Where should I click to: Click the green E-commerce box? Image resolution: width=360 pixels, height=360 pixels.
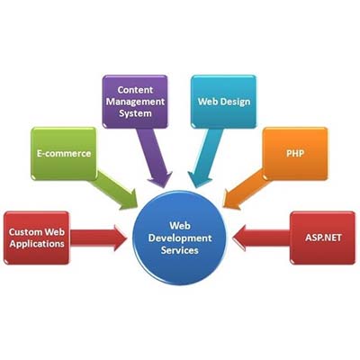pos(64,154)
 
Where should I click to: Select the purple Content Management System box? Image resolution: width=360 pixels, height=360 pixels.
pos(135,102)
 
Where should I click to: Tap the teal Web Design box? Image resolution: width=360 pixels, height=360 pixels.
pos(224,102)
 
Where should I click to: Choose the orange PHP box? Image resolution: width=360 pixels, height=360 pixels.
pos(295,154)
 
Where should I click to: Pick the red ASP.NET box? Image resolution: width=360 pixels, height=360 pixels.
pos(323,238)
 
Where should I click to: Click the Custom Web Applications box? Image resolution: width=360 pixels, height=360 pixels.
pos(37,238)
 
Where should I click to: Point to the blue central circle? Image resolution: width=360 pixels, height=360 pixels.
pos(180,238)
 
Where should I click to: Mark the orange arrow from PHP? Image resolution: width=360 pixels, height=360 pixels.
pos(246,190)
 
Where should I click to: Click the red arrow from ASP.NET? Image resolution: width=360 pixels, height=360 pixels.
pos(261,238)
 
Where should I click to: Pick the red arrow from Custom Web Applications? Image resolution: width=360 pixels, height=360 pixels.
pos(98,238)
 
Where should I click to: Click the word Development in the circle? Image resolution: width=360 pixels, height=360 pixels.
pos(180,238)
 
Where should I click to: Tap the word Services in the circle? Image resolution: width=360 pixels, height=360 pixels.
pos(180,250)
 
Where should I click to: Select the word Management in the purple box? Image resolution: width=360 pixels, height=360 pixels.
pos(135,102)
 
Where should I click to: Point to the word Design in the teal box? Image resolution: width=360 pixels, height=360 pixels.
pos(235,102)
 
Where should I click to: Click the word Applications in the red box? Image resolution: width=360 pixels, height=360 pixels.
pos(37,244)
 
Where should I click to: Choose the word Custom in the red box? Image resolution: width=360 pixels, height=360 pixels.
pos(26,232)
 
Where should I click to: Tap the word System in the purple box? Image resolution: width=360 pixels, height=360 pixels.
pos(135,113)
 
